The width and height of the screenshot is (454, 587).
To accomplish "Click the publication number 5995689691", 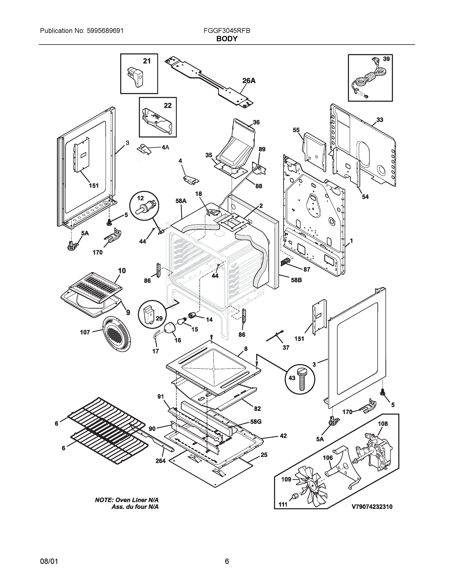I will click(105, 31).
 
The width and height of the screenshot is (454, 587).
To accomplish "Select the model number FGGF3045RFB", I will click(227, 31).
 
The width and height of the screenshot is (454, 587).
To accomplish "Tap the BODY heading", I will click(227, 39).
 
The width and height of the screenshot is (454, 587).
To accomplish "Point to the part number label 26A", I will click(249, 81).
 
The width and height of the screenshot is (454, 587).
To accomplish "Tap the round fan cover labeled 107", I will click(116, 334).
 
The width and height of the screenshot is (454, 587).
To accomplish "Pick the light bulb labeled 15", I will click(181, 321).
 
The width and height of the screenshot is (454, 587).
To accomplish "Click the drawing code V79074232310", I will click(372, 507).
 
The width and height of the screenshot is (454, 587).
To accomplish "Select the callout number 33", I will click(380, 120).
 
